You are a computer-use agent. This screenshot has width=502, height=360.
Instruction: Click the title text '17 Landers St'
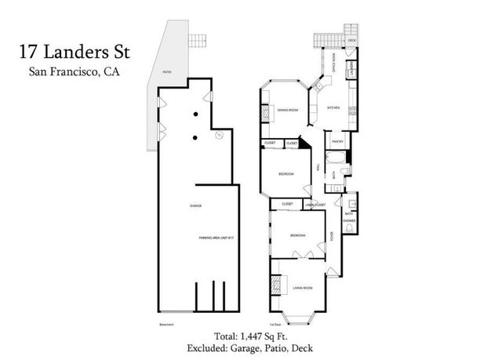[76, 54]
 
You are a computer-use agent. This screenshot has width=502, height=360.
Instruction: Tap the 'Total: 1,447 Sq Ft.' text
[250, 334]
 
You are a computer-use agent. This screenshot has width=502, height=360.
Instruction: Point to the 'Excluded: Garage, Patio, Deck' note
[250, 347]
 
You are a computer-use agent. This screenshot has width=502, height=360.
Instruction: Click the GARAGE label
[195, 205]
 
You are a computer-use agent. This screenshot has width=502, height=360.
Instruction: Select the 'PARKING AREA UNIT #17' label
[216, 237]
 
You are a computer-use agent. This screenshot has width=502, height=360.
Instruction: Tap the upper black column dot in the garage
[194, 115]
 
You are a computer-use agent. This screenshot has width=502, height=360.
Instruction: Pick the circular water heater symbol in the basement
[220, 135]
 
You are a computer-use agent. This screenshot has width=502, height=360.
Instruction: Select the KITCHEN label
[333, 107]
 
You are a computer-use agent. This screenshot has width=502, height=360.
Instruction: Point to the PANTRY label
[338, 142]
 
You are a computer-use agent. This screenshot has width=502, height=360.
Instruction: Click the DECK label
[351, 38]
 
